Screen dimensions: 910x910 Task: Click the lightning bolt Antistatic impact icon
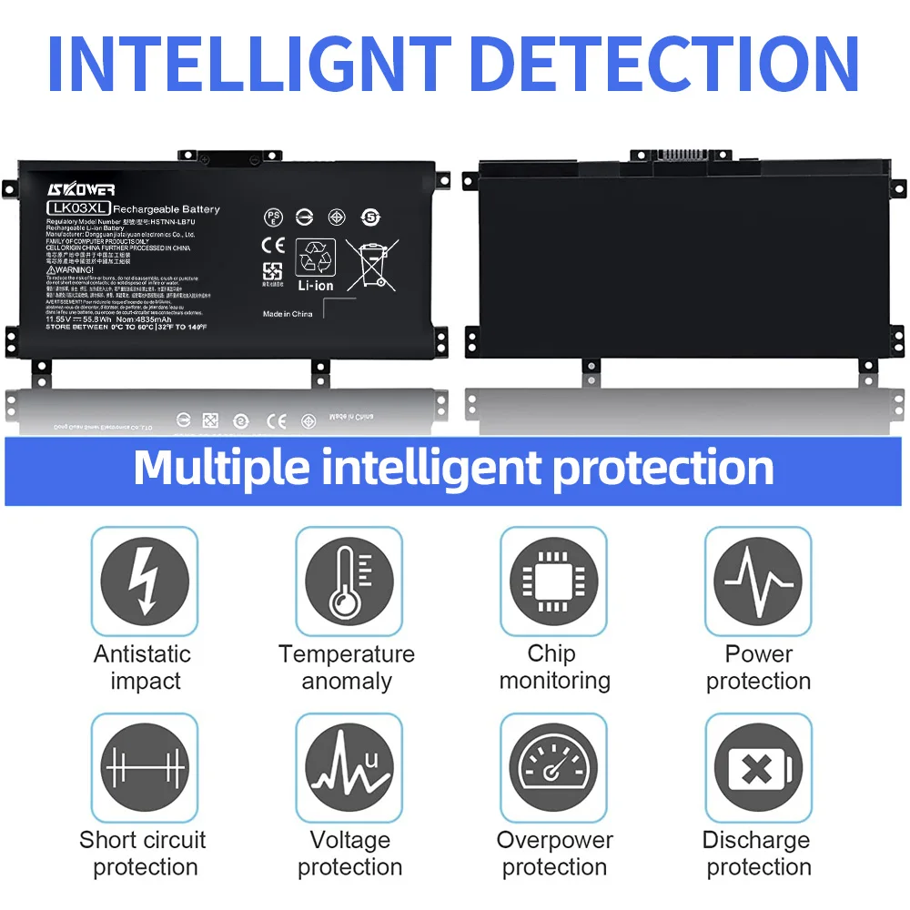point(145,581)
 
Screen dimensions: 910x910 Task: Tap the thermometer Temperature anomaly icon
point(349,581)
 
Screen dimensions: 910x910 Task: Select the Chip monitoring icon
point(553,581)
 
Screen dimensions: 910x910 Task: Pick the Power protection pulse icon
point(758,581)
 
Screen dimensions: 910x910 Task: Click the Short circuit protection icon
point(145,767)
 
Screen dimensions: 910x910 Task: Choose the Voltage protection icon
point(349,767)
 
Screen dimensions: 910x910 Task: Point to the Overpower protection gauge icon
point(553,767)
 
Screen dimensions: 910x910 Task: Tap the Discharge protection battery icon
point(758,767)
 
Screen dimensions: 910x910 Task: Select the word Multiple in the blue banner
point(238,468)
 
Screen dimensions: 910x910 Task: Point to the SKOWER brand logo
point(81,188)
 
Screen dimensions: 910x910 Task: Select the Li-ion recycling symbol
point(315,265)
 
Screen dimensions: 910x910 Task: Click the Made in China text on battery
point(288,314)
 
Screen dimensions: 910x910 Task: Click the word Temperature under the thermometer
point(347,654)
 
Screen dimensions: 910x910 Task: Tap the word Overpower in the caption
point(554,840)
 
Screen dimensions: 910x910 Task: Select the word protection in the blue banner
point(663,468)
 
